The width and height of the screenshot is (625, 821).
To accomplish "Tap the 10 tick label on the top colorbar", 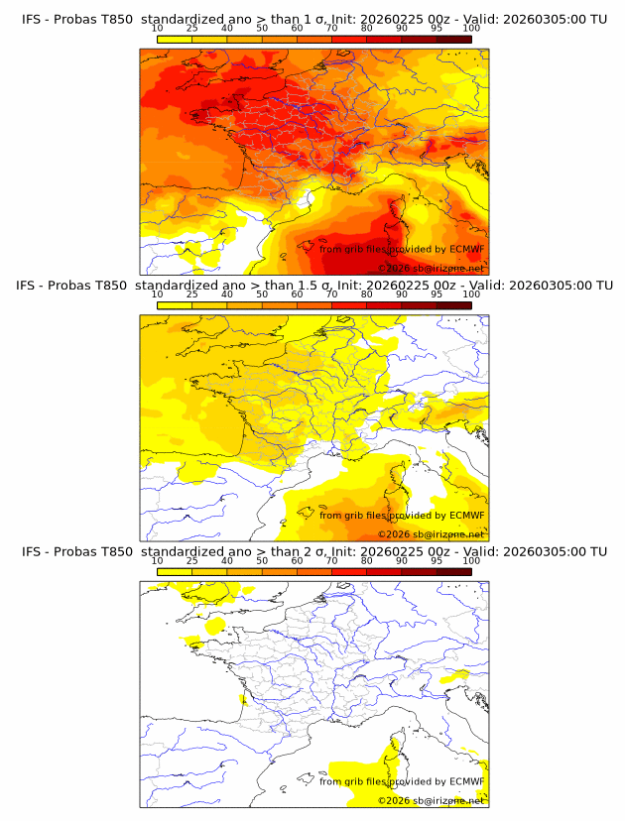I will point(157,29).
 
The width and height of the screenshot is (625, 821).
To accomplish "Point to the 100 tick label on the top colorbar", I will point(471,29).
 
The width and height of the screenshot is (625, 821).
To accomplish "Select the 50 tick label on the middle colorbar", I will point(262,294).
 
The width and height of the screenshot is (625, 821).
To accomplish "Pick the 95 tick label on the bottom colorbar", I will point(437,560).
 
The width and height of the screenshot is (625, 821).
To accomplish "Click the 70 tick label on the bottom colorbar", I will point(331,560).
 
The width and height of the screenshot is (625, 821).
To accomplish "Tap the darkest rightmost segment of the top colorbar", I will point(453,39).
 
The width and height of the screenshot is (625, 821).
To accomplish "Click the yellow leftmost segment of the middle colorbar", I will point(174,304).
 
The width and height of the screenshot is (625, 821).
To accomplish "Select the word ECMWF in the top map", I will point(466,249).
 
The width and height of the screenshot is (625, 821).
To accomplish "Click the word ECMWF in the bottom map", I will point(466,781).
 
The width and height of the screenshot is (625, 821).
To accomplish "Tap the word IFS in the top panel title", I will point(32,19).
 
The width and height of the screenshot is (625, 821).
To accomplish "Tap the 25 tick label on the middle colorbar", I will point(191,294).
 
